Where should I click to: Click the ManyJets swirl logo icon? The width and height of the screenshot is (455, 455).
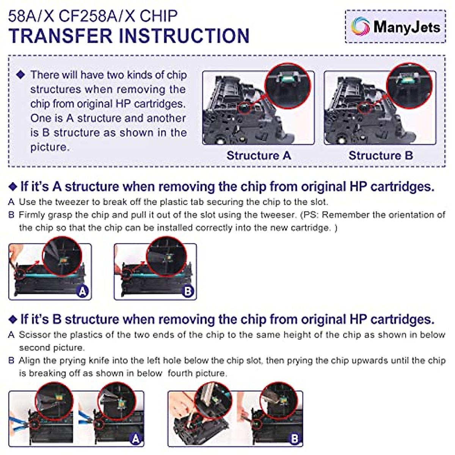click(360, 27)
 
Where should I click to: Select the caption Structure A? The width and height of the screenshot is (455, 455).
click(259, 155)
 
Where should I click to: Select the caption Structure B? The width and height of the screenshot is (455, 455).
click(381, 155)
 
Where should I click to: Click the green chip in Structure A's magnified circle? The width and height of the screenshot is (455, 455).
click(287, 80)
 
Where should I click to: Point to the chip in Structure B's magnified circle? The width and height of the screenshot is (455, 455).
click(408, 80)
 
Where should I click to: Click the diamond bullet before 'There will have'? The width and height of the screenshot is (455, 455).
click(21, 75)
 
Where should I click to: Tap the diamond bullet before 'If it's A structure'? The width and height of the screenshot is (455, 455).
click(13, 187)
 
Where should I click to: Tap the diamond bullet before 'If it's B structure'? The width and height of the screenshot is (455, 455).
click(13, 319)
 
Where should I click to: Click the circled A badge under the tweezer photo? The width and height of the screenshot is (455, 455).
click(82, 291)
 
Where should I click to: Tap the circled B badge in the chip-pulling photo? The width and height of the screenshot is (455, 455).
click(188, 291)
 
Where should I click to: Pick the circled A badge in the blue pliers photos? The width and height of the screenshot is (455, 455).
click(135, 439)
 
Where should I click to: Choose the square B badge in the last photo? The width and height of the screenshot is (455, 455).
click(294, 439)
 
